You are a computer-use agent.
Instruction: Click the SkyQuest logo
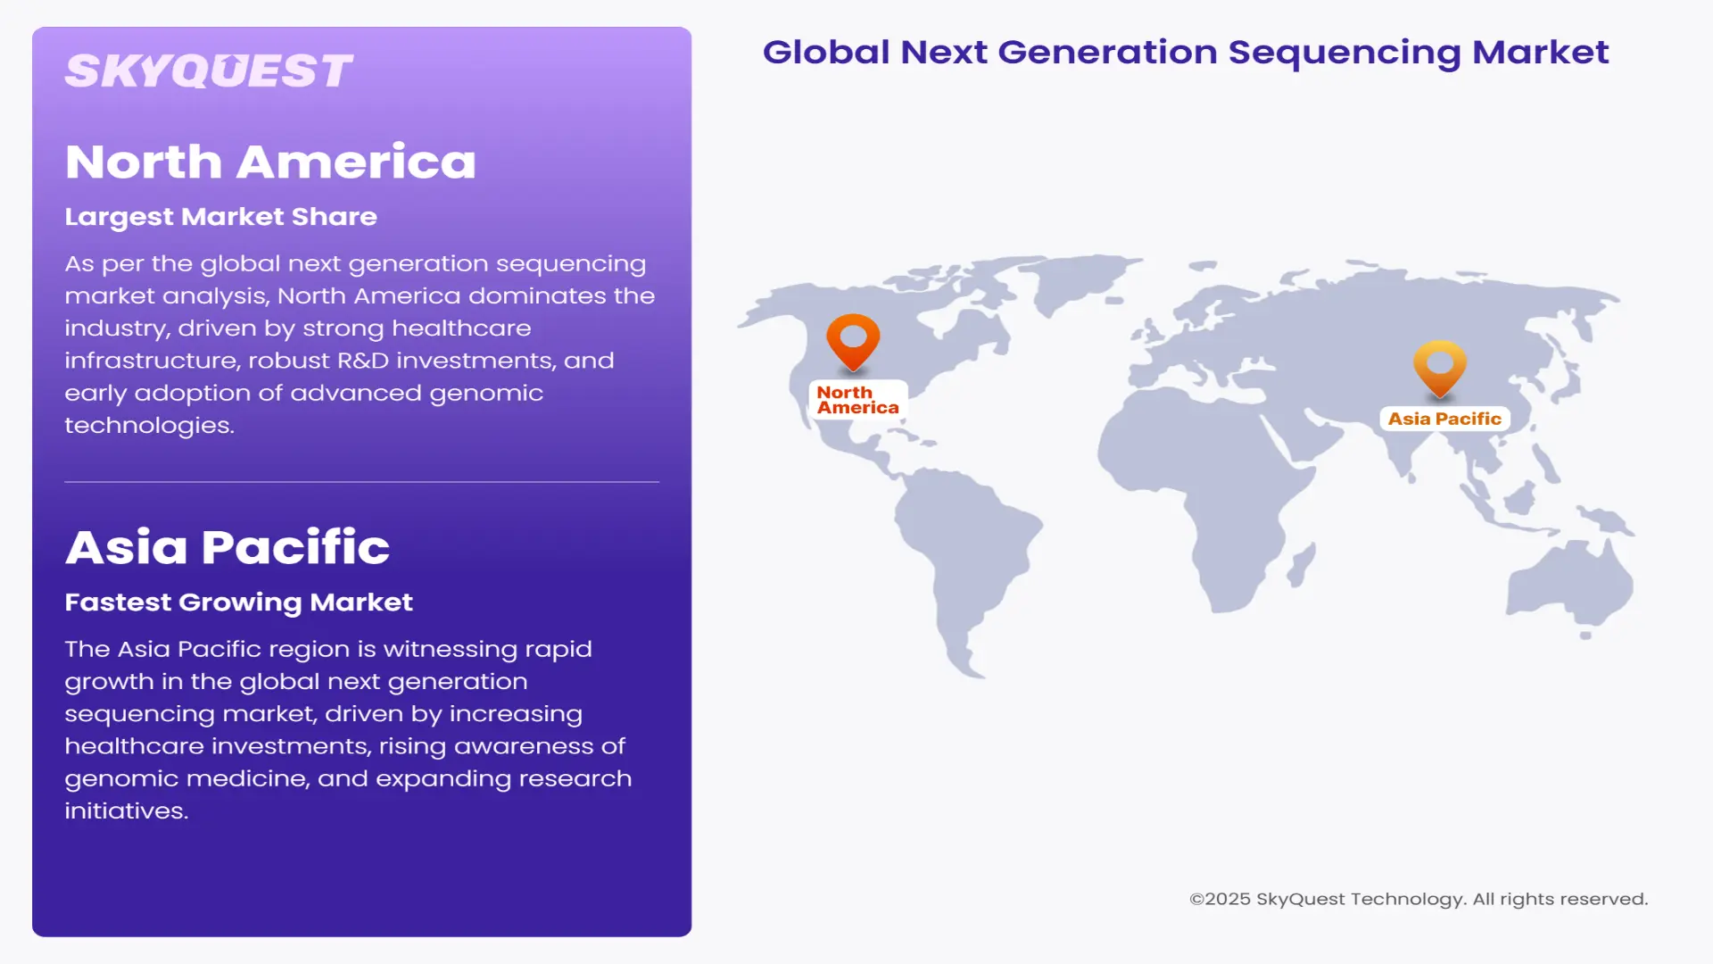click(209, 71)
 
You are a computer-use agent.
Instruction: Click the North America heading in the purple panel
click(270, 162)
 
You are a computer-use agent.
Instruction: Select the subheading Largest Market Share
click(220, 217)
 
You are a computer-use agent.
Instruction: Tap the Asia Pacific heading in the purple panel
click(227, 547)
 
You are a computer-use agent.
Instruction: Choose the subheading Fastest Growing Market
click(238, 602)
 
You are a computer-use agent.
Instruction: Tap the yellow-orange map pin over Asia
click(1439, 366)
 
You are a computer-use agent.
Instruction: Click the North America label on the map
click(857, 400)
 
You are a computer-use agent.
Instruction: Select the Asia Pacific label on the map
click(1444, 419)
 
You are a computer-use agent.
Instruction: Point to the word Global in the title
click(826, 53)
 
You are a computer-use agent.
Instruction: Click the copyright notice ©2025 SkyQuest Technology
click(1418, 899)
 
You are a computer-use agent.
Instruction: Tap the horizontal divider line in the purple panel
click(361, 482)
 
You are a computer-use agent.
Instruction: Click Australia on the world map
click(1570, 585)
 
